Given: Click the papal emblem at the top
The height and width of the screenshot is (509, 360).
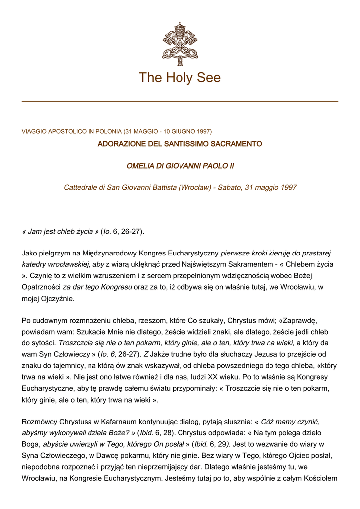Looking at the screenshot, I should [x=180, y=43].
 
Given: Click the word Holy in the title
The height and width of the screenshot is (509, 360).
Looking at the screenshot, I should [x=181, y=78].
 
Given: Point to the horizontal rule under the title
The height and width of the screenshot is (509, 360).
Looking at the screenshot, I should [x=180, y=102].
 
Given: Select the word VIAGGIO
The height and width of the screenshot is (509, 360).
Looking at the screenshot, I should [x=34, y=132].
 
